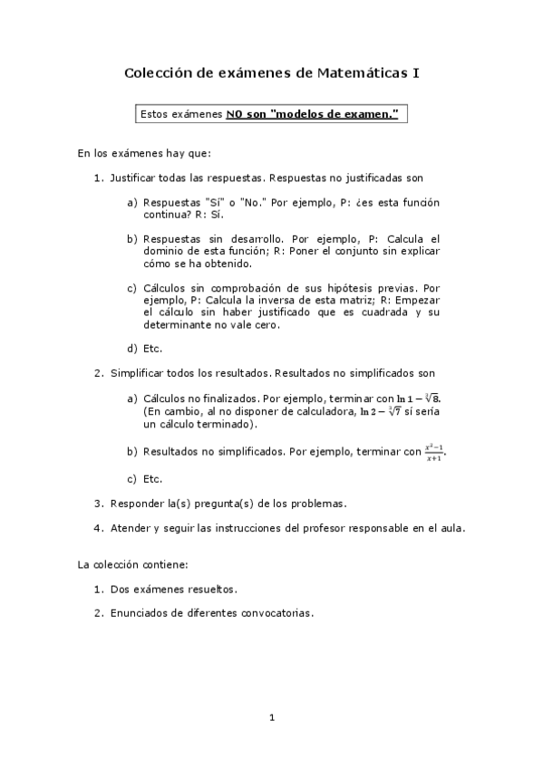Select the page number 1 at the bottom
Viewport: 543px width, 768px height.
click(271, 718)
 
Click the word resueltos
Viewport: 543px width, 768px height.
click(209, 590)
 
